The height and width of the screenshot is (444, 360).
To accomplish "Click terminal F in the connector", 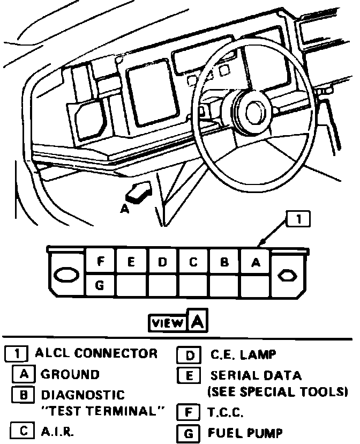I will [100, 262].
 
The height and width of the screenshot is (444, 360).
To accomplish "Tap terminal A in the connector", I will [256, 262].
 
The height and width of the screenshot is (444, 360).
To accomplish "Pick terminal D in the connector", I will [162, 262].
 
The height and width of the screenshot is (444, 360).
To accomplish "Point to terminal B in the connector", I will [225, 262].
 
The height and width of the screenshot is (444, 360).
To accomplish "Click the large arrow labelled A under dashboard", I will [138, 191].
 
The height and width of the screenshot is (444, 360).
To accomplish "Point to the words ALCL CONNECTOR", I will [96, 353].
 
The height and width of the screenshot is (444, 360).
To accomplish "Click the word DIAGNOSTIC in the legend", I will [82, 395].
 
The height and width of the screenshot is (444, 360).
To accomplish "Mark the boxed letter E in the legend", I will [188, 375].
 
